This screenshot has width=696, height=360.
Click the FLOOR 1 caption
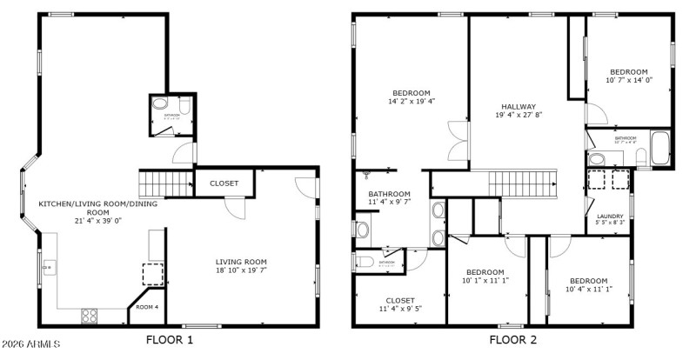[171, 340]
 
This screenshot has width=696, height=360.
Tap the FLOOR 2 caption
[512, 340]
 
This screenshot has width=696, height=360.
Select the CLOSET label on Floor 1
[224, 183]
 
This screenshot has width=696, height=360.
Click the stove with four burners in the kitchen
[90, 315]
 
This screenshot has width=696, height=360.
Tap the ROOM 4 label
[147, 307]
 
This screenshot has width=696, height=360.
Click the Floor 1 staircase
[165, 183]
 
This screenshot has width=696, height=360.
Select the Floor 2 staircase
[521, 183]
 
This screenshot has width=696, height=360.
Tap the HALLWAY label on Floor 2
[518, 110]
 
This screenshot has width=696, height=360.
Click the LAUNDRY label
[610, 218]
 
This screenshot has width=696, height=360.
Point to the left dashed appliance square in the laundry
[597, 179]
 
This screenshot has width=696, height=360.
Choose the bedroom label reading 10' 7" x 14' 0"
[628, 76]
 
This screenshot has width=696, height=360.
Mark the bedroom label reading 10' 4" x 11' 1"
[587, 285]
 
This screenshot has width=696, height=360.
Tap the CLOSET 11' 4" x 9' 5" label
[400, 303]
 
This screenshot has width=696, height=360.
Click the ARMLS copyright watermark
[30, 345]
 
